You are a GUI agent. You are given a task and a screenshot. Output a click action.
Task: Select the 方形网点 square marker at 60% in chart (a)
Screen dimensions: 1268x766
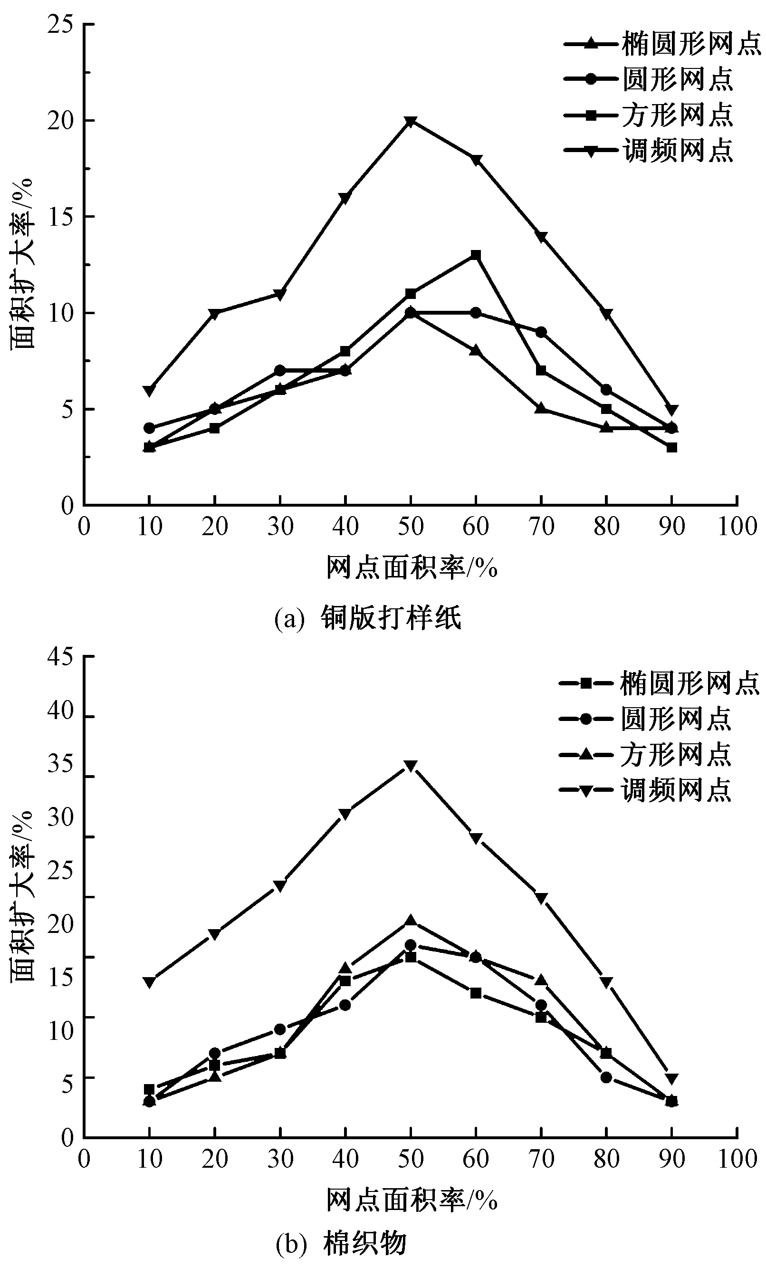point(476,255)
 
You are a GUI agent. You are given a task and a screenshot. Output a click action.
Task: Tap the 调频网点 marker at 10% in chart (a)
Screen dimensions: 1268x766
point(149,391)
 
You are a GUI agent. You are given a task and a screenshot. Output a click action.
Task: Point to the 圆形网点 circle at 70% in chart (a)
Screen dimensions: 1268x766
point(541,332)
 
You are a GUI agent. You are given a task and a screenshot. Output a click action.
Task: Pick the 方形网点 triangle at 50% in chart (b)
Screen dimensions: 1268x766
point(410,919)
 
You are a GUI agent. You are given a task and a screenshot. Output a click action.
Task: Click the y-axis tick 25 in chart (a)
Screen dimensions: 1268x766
point(60,25)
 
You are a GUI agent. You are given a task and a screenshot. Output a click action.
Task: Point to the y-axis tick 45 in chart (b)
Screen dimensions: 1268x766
point(60,657)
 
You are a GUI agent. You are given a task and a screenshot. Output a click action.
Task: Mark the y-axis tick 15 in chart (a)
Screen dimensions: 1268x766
point(60,217)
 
